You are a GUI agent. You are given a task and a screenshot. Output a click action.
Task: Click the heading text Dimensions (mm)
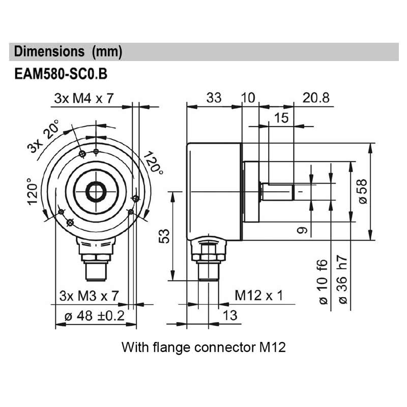coord(68,52)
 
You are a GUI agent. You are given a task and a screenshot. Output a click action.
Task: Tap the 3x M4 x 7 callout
coord(84,99)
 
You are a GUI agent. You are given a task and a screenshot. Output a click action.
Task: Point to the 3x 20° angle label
coord(44,136)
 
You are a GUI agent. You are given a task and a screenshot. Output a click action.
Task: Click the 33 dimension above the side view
coord(214,98)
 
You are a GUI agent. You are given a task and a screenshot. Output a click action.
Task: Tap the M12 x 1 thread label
coord(258,296)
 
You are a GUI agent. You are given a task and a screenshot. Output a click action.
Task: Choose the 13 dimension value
coord(230,315)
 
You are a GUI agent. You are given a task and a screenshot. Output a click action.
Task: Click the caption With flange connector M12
coord(203,347)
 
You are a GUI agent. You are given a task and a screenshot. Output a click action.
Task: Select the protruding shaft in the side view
coord(278,192)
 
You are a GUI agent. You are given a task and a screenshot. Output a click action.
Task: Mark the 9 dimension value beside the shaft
coord(302,230)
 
